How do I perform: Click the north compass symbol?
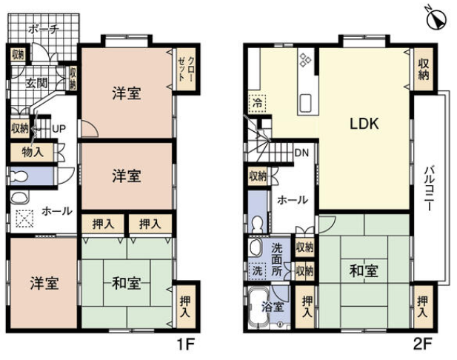click(436, 19)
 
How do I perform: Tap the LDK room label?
click(364, 124)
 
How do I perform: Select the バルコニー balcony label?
click(428, 188)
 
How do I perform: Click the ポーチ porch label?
click(44, 29)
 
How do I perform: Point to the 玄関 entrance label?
click(37, 84)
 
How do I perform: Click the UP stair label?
click(59, 129)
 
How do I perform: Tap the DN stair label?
click(301, 153)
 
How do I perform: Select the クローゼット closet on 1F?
click(187, 69)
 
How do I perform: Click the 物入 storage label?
click(33, 152)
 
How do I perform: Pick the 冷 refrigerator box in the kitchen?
click(257, 103)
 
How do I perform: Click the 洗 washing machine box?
click(257, 271)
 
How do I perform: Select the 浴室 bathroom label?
click(273, 307)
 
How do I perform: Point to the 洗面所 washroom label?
click(277, 259)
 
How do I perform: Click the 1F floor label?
click(185, 345)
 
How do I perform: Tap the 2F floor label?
click(422, 345)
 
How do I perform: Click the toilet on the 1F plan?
click(19, 176)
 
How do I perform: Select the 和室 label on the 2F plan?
click(364, 271)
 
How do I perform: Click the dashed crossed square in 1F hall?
click(24, 219)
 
